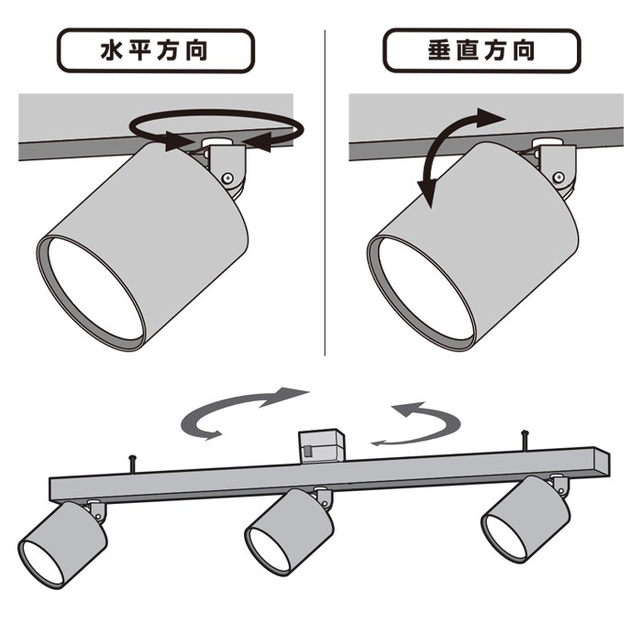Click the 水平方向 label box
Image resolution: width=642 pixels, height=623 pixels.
[155, 50]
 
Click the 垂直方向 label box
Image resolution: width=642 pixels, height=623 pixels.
[481, 50]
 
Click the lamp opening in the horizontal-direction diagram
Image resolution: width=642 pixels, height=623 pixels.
[91, 290]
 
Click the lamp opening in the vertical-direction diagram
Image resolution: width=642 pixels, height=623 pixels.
[421, 290]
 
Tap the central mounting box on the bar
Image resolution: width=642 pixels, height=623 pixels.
[320, 446]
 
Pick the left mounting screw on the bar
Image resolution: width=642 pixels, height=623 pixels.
[134, 463]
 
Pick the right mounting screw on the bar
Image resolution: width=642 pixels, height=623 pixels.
[525, 438]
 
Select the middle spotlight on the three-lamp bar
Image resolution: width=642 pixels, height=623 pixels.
[286, 530]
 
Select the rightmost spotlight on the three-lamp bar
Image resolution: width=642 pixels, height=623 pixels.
[523, 518]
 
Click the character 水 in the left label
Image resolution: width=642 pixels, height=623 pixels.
[113, 50]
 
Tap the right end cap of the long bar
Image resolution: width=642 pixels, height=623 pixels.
[600, 463]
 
